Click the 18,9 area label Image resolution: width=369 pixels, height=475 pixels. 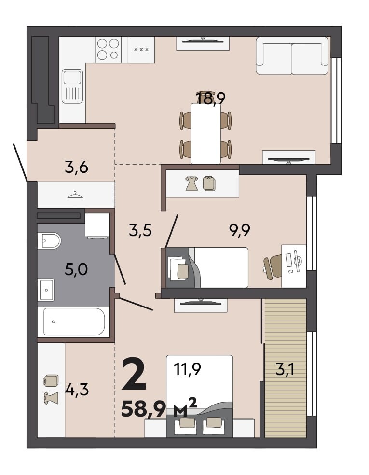tap(211, 98)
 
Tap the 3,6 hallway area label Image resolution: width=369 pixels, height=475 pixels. tap(76, 167)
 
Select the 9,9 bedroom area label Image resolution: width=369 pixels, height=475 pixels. tap(239, 231)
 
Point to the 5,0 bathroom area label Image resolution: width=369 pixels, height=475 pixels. tap(76, 269)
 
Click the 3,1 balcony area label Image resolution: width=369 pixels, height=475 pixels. tap(285, 370)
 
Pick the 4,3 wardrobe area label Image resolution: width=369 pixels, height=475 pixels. tap(77, 390)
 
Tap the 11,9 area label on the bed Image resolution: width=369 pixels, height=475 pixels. tap(187, 370)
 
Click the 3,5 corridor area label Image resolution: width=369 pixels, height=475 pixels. tap(140, 231)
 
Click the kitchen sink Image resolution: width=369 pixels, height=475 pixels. tap(72, 86)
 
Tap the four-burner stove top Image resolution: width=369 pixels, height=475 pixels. tap(108, 49)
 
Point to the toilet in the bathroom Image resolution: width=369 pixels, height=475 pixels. tap(49, 241)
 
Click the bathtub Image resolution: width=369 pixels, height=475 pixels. tap(73, 321)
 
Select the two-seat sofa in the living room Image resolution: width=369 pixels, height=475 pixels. tap(292, 56)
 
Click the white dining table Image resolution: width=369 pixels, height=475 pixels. tap(205, 133)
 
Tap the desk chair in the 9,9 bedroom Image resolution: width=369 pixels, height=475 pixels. tap(273, 265)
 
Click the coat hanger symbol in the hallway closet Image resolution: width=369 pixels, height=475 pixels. tap(75, 195)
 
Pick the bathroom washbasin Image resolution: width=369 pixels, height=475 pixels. tap(46, 290)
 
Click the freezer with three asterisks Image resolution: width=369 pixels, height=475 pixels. tap(141, 50)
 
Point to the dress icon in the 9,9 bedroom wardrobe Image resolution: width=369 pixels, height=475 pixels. tap(192, 183)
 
